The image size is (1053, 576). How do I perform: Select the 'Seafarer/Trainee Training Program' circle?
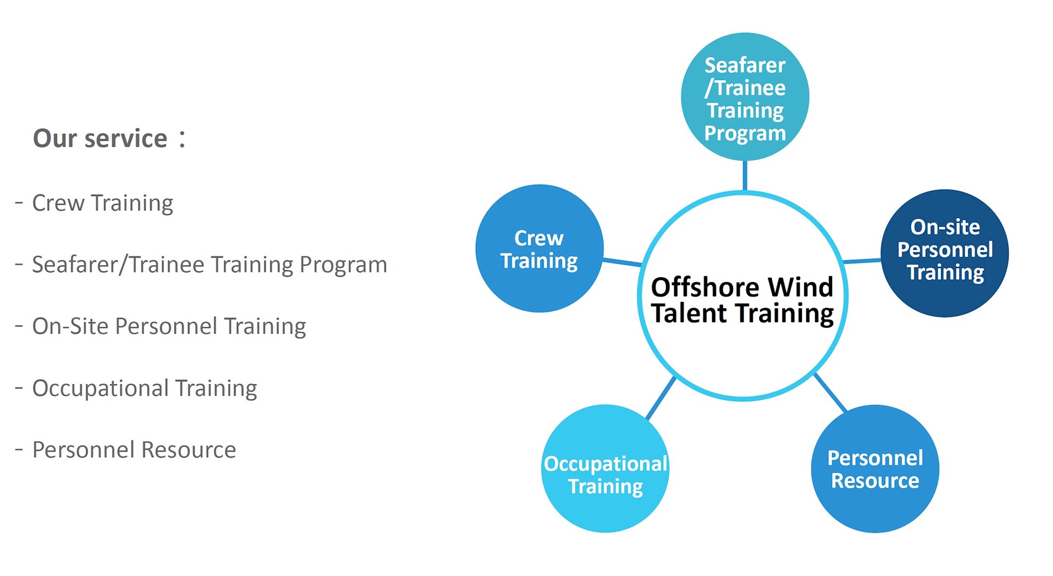pyautogui.click(x=745, y=96)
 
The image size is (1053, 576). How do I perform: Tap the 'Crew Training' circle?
pyautogui.click(x=539, y=248)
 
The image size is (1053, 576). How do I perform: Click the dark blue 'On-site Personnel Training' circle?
pyautogui.click(x=945, y=253)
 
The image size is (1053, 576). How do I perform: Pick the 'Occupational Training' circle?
pyautogui.click(x=605, y=469)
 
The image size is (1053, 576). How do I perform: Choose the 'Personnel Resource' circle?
pyautogui.click(x=875, y=469)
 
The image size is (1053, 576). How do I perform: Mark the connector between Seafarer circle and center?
pyautogui.click(x=744, y=175)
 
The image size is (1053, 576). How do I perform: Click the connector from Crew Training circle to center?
pyautogui.click(x=622, y=263)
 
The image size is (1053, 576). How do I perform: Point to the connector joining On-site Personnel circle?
pyautogui.click(x=862, y=261)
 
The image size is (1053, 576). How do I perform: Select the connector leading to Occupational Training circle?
pyautogui.click(x=661, y=398)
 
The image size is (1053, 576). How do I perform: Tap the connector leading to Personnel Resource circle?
pyautogui.click(x=830, y=392)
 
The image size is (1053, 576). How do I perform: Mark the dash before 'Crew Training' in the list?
pyautogui.click(x=19, y=203)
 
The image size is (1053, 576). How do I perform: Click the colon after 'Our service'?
pyautogui.click(x=182, y=139)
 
